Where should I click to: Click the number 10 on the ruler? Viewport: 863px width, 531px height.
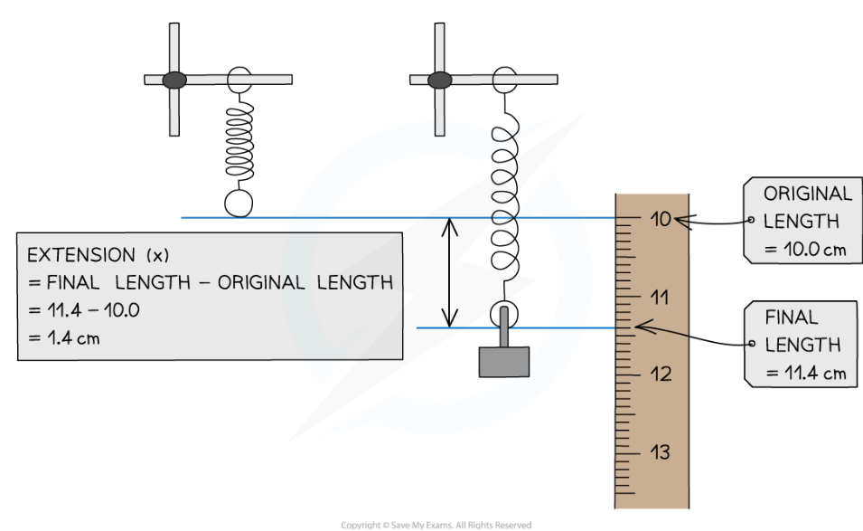(662, 219)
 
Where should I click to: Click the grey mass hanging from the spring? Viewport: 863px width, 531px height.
(503, 360)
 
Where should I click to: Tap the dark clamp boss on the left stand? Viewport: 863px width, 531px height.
(174, 80)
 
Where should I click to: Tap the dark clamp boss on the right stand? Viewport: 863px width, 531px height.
(439, 80)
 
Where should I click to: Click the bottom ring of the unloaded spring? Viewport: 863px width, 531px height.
(239, 203)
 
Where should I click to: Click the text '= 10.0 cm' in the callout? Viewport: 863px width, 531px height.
(805, 249)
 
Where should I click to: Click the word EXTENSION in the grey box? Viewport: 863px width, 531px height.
(80, 255)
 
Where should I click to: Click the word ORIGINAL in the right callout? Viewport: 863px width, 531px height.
(808, 194)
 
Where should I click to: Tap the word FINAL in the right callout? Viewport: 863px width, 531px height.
(792, 318)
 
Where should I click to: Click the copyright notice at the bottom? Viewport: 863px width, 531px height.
(436, 525)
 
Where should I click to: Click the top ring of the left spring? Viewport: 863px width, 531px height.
(239, 78)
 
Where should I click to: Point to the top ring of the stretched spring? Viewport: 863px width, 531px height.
(503, 79)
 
